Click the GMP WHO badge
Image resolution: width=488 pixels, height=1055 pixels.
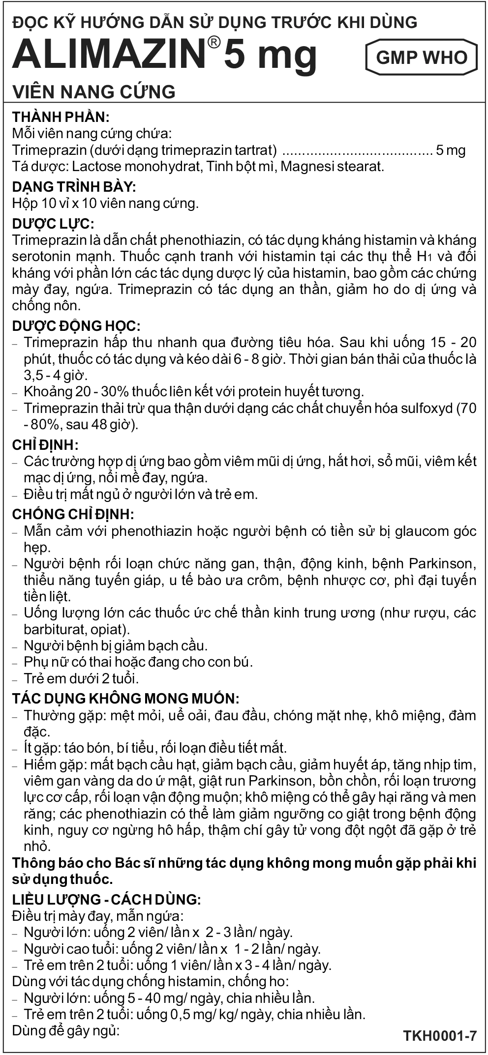pyautogui.click(x=421, y=58)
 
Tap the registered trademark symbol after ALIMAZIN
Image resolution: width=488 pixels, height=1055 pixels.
pyautogui.click(x=213, y=43)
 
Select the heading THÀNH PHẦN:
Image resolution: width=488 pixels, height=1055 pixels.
pyautogui.click(x=61, y=117)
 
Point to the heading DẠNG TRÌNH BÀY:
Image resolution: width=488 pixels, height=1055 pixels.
pyautogui.click(x=74, y=187)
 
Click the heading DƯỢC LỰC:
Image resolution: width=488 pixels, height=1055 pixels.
pyautogui.click(x=53, y=224)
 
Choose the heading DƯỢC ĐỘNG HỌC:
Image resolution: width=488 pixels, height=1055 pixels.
pyautogui.click(x=76, y=326)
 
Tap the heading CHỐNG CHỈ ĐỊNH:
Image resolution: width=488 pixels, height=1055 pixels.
pyautogui.click(x=73, y=514)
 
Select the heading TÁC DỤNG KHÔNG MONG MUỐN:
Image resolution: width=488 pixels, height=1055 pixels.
pyautogui.click(x=126, y=698)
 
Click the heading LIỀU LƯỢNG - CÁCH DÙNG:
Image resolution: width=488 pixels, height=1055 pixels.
pyautogui.click(x=106, y=900)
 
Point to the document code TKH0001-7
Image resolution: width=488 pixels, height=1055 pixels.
pyautogui.click(x=440, y=1036)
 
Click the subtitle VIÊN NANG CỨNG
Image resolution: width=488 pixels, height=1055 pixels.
pyautogui.click(x=93, y=91)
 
